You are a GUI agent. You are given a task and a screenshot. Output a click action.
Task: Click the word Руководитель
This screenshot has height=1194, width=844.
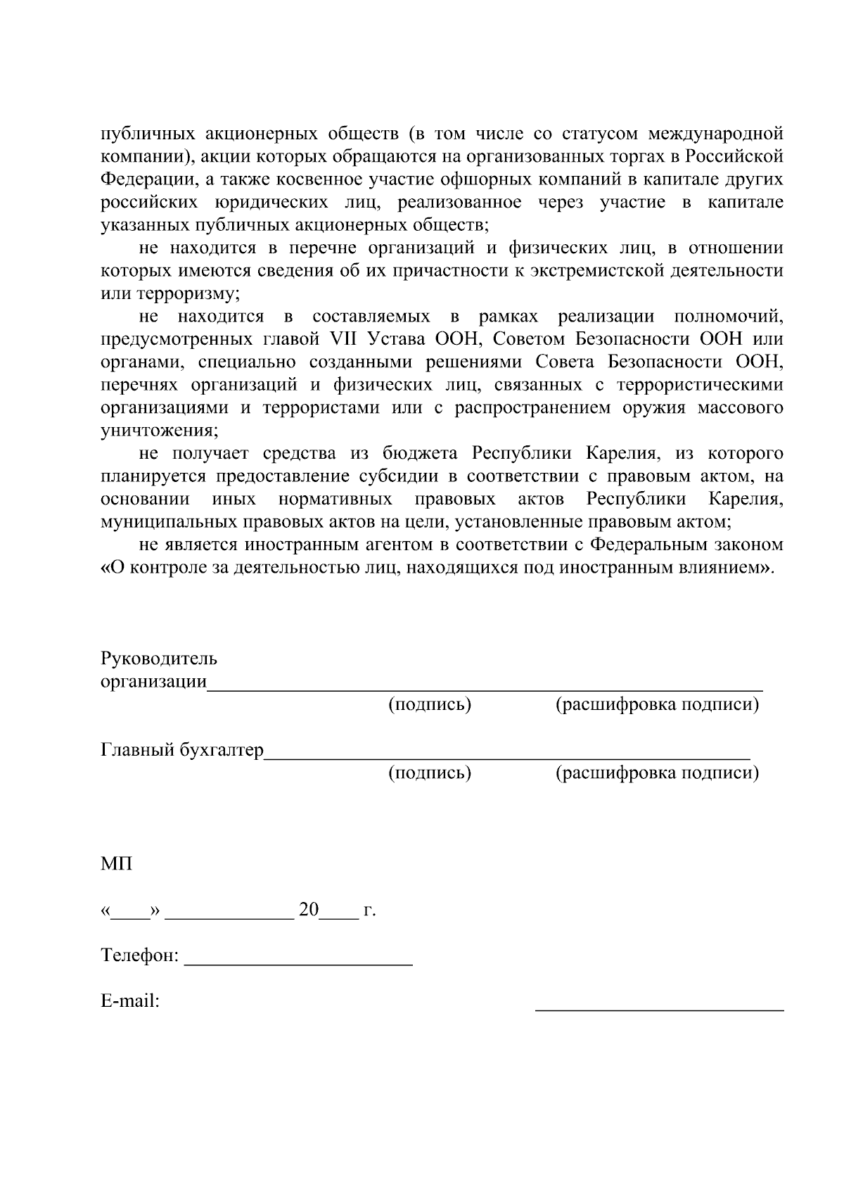click(159, 659)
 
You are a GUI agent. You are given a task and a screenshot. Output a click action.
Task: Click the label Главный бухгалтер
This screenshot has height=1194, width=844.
click(182, 750)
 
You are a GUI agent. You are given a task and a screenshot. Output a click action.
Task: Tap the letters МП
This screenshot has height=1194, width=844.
click(116, 863)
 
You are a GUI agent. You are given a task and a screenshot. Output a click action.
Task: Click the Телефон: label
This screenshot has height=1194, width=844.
click(140, 956)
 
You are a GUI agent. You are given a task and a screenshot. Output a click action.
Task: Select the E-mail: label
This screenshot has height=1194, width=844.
click(130, 1001)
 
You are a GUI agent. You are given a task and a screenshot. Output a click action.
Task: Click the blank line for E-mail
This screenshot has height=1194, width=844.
click(659, 1008)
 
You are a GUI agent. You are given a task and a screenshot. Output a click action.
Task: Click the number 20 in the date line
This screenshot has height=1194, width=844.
click(309, 910)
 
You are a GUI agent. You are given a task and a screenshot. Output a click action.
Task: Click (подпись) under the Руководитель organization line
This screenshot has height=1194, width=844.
click(430, 704)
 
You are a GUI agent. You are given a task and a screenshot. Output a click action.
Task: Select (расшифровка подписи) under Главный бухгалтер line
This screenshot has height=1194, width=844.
click(657, 773)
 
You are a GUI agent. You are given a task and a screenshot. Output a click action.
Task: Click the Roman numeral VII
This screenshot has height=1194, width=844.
click(344, 339)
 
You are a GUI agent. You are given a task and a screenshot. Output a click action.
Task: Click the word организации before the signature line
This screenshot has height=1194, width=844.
click(153, 682)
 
